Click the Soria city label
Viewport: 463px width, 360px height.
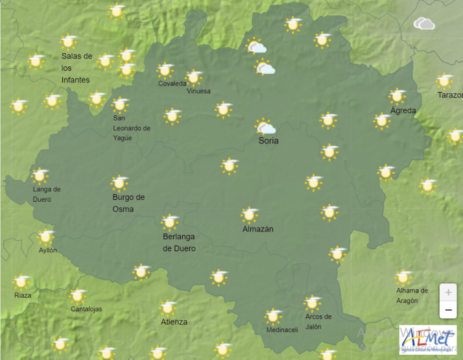click(268, 141)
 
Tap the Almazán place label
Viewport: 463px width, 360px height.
click(258, 229)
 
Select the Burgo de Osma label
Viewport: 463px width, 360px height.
click(128, 203)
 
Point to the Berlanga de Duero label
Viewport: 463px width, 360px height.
click(179, 243)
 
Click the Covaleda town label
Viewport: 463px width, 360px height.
click(172, 84)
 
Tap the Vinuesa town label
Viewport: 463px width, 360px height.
click(198, 91)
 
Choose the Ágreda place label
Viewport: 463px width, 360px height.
click(403, 110)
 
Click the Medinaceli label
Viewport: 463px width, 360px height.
click(282, 330)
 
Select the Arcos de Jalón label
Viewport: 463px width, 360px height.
click(318, 321)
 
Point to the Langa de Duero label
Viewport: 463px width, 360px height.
click(47, 194)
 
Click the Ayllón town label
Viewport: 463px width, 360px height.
click(48, 250)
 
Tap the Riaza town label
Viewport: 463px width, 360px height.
click(22, 295)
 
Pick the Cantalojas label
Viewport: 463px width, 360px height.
click(86, 309)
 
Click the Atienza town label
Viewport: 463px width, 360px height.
click(174, 322)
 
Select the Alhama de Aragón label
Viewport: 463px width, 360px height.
click(412, 295)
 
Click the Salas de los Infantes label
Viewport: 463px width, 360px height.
click(77, 67)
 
